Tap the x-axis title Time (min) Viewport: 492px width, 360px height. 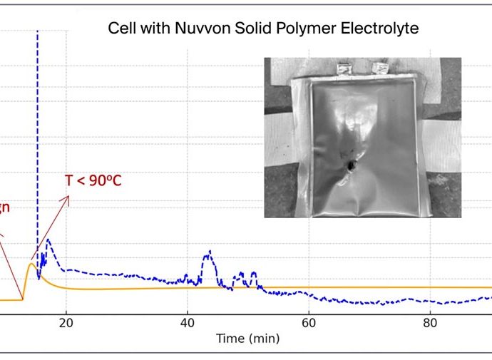click(x=249, y=339)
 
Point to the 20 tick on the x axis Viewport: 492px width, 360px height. click(x=66, y=322)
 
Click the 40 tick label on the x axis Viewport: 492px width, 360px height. click(x=187, y=322)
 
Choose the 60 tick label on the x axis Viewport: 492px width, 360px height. click(x=308, y=322)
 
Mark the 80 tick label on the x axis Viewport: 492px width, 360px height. click(x=429, y=322)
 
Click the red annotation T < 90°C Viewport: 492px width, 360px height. click(x=93, y=180)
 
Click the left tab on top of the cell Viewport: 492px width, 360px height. click(x=346, y=69)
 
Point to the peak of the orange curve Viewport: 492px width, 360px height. click(x=31, y=264)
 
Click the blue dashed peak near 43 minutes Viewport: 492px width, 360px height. click(x=209, y=252)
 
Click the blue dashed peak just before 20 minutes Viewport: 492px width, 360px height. click(x=48, y=240)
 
